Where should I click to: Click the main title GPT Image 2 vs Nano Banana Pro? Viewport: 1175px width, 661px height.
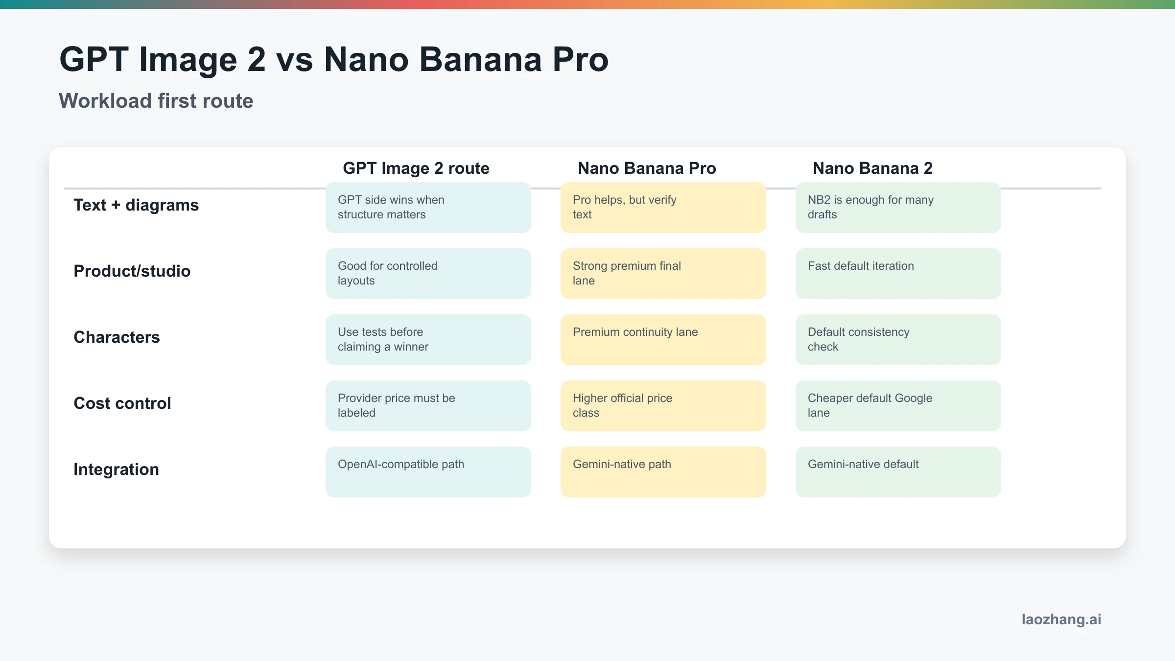[333, 60]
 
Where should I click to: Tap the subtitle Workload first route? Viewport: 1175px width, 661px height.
[156, 101]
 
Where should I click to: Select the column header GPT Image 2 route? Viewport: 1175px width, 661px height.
[416, 168]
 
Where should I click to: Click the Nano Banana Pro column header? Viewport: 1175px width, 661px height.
[647, 168]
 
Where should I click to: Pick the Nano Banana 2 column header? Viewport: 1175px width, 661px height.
[872, 168]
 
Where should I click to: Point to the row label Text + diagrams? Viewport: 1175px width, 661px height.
[136, 205]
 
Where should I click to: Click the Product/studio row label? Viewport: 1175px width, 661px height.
[132, 271]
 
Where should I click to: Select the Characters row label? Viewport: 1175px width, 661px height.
[117, 337]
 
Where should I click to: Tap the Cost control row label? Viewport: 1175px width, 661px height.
[122, 403]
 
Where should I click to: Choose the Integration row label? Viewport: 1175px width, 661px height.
[116, 469]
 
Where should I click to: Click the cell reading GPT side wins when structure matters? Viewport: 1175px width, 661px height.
[428, 208]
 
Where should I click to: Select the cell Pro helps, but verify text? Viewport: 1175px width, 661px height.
[663, 208]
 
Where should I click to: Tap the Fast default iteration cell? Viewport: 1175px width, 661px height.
[898, 273]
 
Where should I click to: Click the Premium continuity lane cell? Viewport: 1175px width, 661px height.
[663, 339]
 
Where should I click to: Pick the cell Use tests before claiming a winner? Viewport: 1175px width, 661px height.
[428, 339]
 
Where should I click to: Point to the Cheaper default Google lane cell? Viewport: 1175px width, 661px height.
[898, 405]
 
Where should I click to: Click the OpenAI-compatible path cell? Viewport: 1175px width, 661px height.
[428, 472]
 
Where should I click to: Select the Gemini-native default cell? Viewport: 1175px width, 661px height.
[898, 472]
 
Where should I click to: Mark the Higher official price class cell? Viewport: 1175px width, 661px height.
[663, 405]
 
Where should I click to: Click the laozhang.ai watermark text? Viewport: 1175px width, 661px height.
[1061, 619]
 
